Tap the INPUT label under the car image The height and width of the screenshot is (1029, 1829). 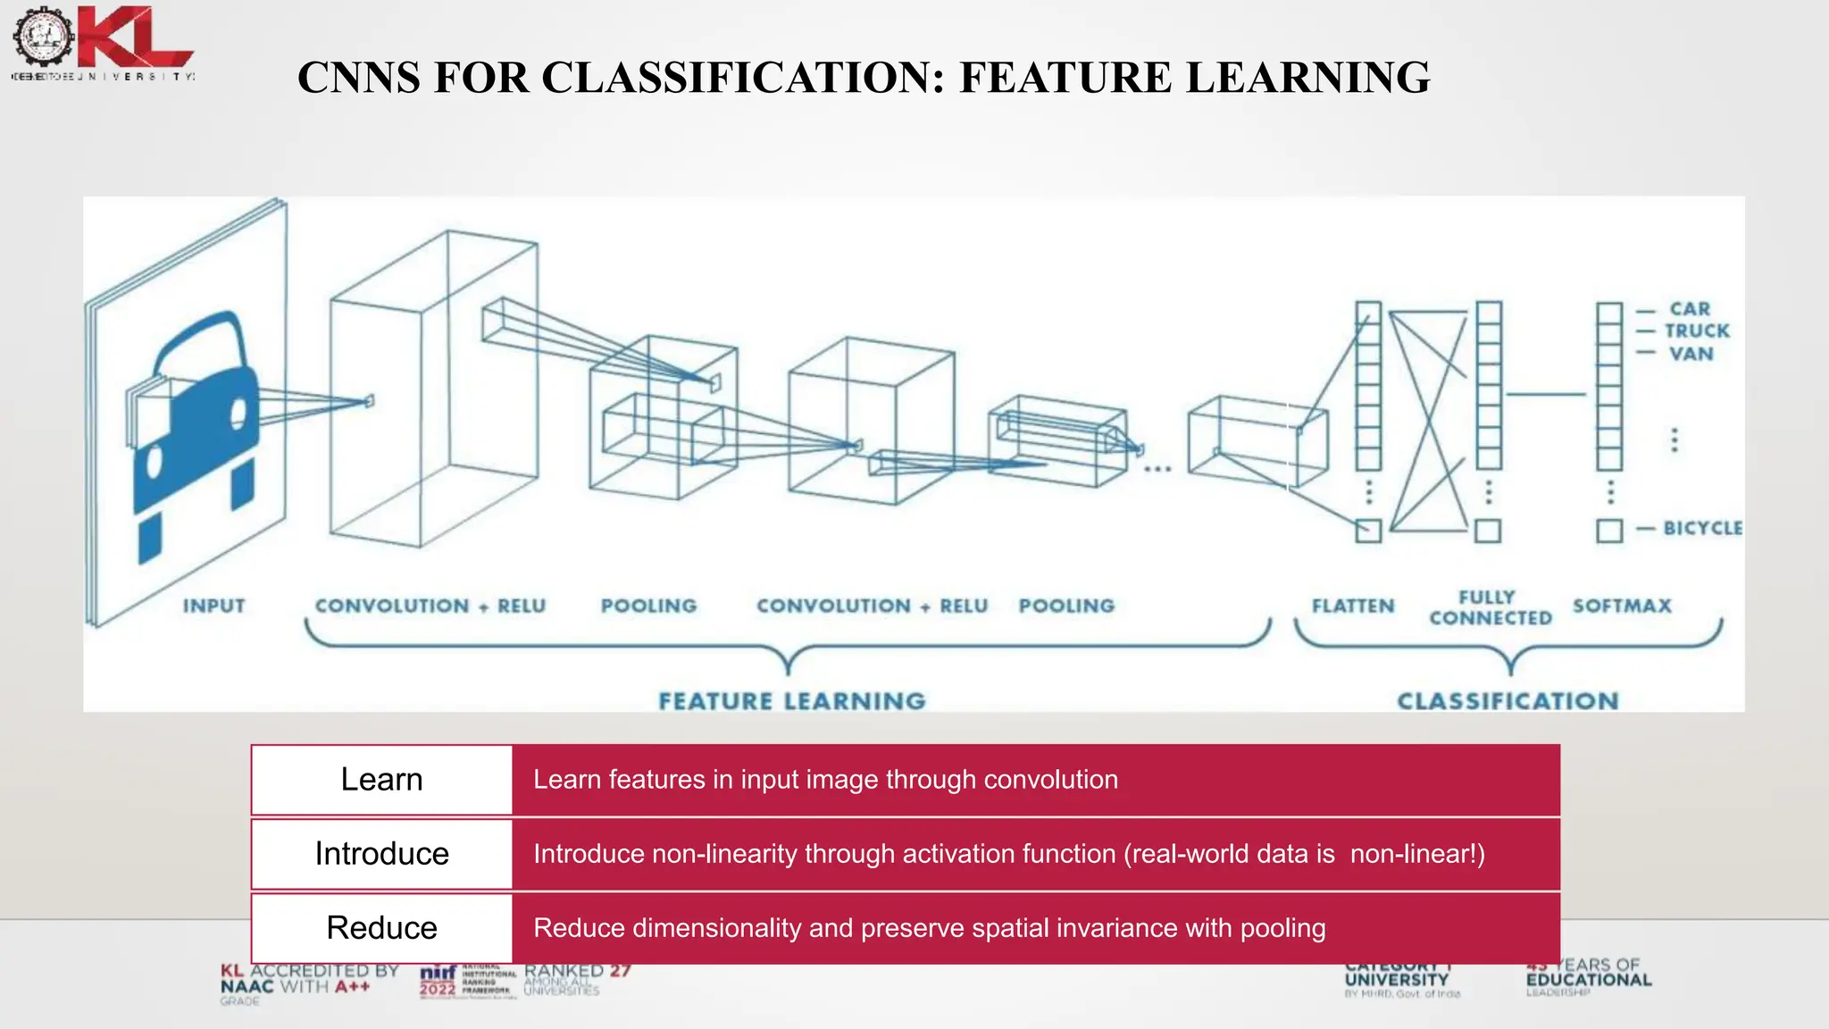click(x=214, y=606)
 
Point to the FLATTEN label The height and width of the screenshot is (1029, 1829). click(x=1352, y=606)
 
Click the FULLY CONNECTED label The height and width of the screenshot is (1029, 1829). click(x=1490, y=607)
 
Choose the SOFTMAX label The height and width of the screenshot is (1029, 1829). click(x=1622, y=606)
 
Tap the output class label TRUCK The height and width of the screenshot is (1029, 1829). click(x=1697, y=331)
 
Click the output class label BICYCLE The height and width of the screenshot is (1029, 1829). click(x=1702, y=528)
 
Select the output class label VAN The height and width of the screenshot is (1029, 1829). click(x=1691, y=354)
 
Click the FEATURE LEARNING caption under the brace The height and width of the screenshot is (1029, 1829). click(x=792, y=701)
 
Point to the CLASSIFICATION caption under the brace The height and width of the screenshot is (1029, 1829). click(x=1507, y=701)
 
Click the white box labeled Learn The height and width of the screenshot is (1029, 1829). click(x=382, y=780)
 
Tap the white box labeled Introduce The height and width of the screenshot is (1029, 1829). click(x=382, y=854)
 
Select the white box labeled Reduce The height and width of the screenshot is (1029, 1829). click(x=382, y=928)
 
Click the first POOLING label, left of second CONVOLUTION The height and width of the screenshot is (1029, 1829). click(x=648, y=606)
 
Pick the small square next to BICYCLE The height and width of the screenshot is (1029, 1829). click(x=1609, y=531)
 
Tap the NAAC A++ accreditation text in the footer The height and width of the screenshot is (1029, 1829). click(x=308, y=981)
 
